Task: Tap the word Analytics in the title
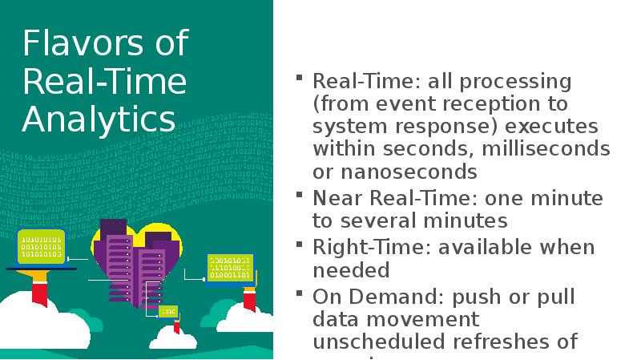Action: pos(99,119)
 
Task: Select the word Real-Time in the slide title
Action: pos(105,81)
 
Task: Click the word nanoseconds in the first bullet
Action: pos(405,172)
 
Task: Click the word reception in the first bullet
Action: pos(489,104)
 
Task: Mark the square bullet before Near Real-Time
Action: pos(299,194)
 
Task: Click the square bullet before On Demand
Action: pos(299,293)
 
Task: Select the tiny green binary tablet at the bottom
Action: pos(167,309)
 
